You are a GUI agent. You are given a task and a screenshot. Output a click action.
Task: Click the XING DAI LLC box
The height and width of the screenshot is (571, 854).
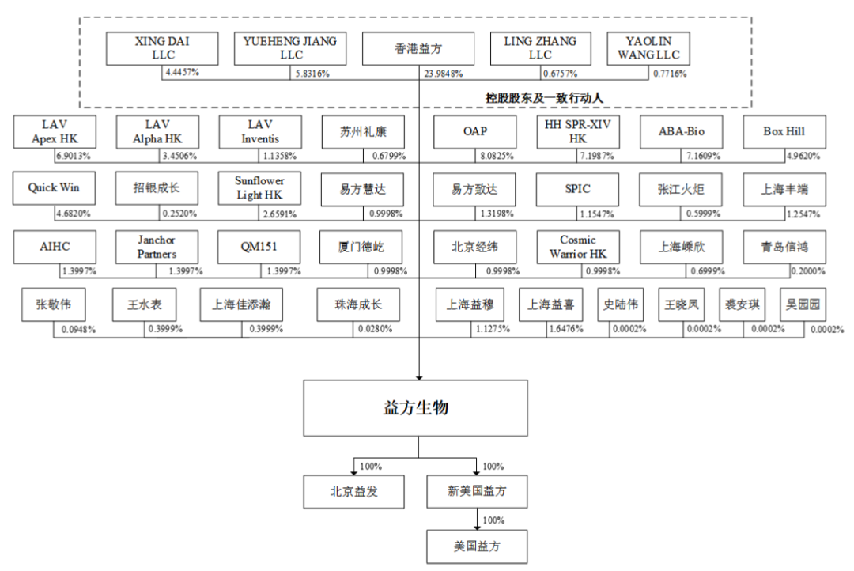click(162, 48)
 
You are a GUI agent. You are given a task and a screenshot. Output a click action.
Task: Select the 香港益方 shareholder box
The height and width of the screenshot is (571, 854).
click(418, 48)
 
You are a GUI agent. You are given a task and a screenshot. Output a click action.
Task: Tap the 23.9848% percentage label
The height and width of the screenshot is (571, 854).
click(444, 74)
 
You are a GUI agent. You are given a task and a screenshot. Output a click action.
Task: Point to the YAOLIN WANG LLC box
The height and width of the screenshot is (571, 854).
click(648, 48)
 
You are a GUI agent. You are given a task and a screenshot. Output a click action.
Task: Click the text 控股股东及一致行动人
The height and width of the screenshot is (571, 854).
click(544, 98)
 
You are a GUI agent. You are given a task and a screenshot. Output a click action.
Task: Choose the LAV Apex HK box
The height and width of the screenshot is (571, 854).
click(55, 132)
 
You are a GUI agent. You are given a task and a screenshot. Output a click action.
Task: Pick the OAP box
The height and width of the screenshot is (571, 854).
click(475, 132)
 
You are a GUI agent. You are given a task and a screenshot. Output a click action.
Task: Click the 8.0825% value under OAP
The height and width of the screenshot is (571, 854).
click(497, 157)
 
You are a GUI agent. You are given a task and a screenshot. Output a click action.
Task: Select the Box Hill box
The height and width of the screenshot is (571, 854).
click(784, 132)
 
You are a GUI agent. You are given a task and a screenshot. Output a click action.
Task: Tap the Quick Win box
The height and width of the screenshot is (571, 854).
click(54, 188)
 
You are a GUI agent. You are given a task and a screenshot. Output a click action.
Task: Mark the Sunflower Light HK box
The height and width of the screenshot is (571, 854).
click(259, 188)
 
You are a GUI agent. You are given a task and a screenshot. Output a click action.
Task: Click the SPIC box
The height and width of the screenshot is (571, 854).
click(577, 190)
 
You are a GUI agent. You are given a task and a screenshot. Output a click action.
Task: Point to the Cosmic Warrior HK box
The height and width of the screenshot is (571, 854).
click(578, 247)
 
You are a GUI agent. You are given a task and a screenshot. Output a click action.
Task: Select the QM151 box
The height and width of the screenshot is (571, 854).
click(259, 247)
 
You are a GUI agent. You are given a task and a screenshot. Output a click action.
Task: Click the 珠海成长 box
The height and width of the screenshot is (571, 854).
click(358, 304)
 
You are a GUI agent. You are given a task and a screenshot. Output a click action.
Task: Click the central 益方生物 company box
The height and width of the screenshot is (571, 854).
click(416, 408)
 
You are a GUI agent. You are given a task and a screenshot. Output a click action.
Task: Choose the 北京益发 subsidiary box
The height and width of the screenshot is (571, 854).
click(354, 492)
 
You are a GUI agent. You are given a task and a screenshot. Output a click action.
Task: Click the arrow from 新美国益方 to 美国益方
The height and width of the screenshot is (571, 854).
click(477, 520)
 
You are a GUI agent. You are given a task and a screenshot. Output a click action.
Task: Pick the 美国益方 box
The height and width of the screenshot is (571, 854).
click(477, 546)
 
